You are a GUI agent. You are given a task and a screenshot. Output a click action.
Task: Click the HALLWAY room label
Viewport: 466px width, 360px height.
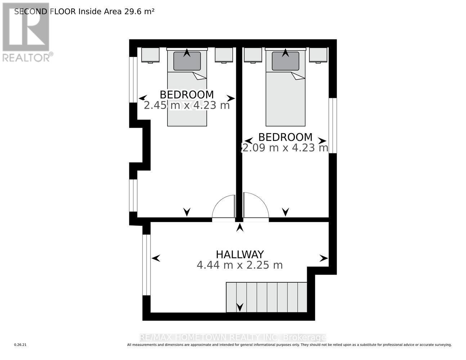tap(239, 254)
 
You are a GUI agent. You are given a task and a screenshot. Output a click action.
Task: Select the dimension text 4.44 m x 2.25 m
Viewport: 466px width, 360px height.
tap(239, 265)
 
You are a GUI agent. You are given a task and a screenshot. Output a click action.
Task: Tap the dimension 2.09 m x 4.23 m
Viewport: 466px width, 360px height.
tap(285, 148)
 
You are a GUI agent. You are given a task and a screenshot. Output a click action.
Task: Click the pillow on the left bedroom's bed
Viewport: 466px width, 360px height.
tap(187, 61)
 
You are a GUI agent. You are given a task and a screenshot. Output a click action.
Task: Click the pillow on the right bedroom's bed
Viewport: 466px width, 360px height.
tap(285, 61)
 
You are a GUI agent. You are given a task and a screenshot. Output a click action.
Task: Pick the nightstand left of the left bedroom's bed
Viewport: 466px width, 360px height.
tap(150, 55)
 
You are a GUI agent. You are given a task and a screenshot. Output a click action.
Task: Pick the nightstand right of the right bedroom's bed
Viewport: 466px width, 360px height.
tap(318, 55)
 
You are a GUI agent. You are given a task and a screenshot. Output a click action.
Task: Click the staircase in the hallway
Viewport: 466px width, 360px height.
tap(266, 297)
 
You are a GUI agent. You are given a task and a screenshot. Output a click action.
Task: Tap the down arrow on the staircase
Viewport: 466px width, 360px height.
tap(240, 307)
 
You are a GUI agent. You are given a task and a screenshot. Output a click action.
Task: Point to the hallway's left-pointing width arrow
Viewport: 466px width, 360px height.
tap(156, 258)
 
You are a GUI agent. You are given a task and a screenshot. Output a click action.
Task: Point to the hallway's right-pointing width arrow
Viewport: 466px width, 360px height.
tap(324, 258)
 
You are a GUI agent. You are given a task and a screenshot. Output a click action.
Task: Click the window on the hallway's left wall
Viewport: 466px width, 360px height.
tap(146, 265)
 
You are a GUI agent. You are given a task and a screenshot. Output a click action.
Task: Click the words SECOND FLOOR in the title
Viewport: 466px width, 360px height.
tap(45, 11)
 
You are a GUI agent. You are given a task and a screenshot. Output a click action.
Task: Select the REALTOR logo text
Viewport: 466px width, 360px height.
tap(26, 58)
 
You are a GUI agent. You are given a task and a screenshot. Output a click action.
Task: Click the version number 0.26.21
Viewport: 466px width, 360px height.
tap(21, 345)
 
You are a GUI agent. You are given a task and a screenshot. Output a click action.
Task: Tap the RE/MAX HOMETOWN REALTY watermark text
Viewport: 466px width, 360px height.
tap(233, 338)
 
